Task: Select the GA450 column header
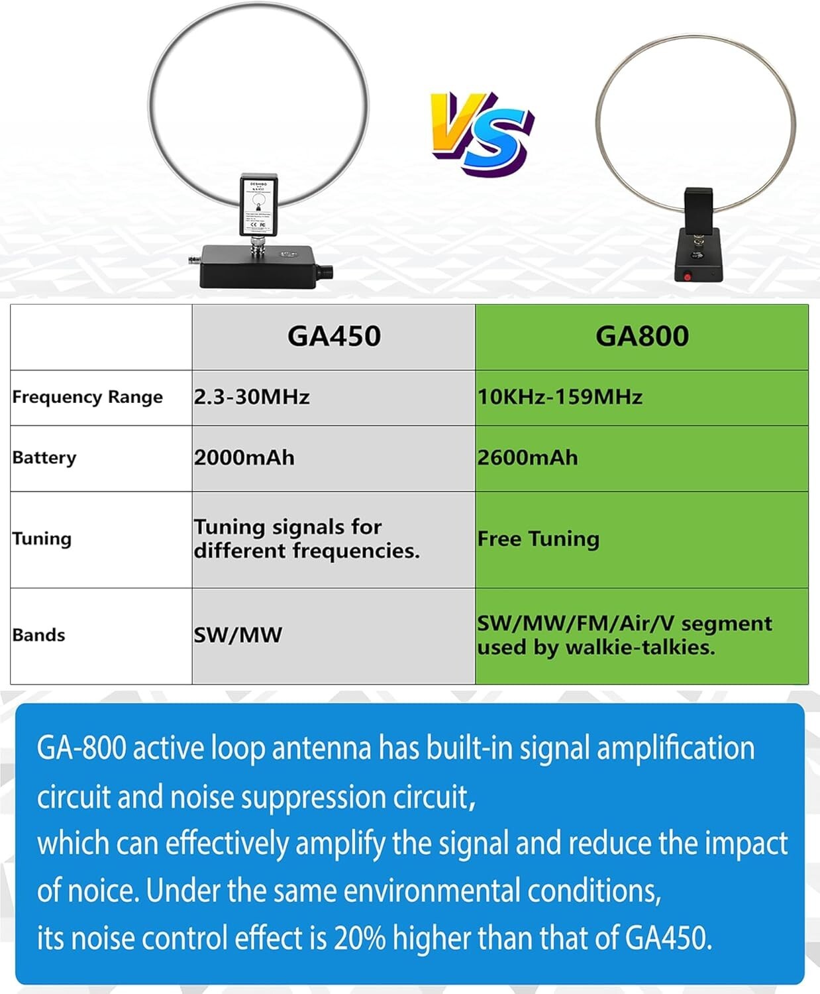click(x=334, y=336)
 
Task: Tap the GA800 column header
click(x=642, y=336)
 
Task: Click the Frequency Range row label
click(x=87, y=397)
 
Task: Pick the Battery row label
click(x=44, y=458)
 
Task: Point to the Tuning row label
click(x=42, y=539)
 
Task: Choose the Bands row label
click(x=38, y=635)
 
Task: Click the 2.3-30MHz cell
click(x=252, y=397)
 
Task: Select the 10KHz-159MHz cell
click(x=560, y=397)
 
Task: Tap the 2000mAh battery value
click(x=244, y=458)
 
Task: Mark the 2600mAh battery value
click(x=527, y=458)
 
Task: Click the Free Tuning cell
click(x=538, y=539)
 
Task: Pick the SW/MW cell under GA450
click(x=238, y=635)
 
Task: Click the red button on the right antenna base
click(x=688, y=276)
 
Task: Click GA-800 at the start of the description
click(x=81, y=748)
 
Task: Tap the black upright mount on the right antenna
click(x=698, y=207)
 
